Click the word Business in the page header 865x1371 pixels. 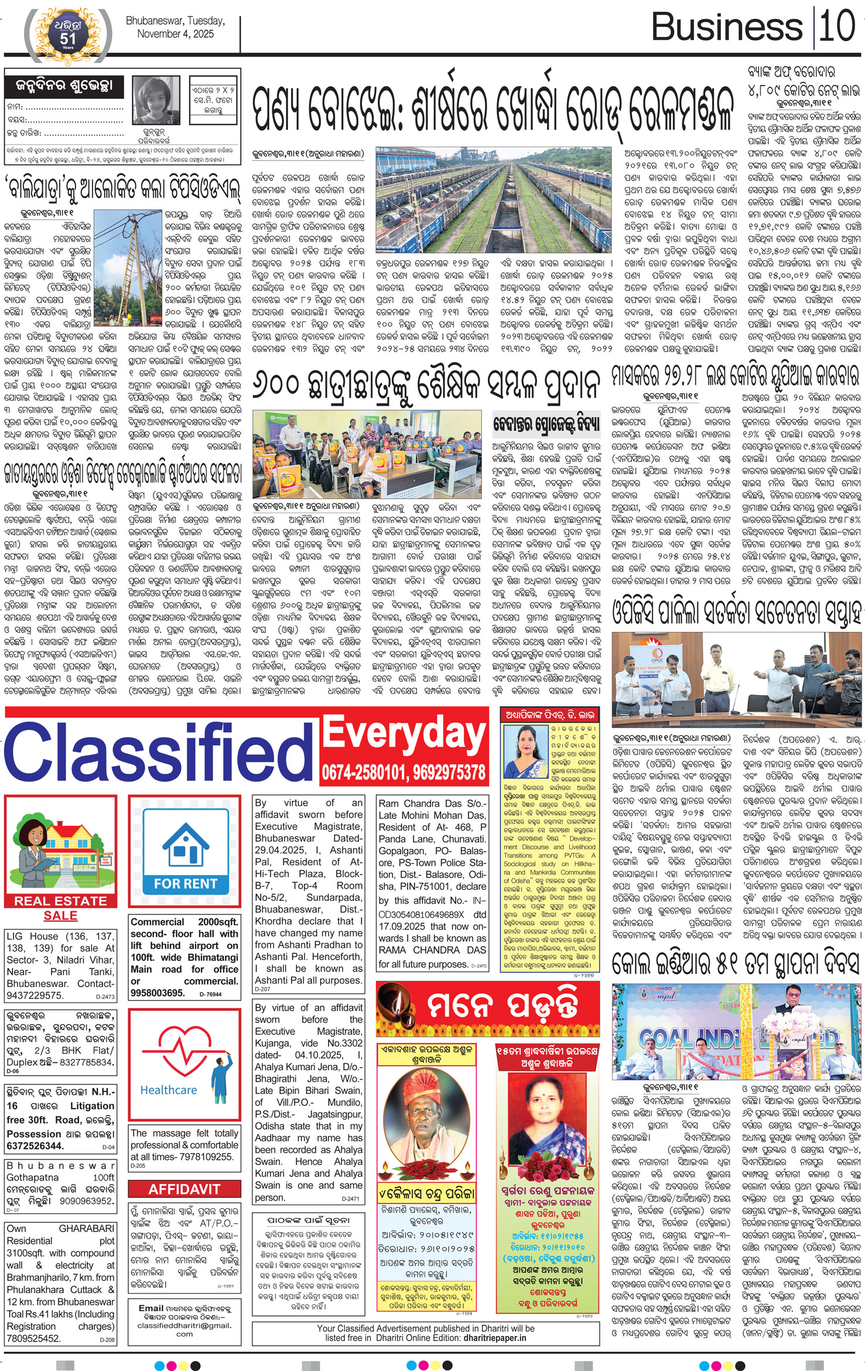[726, 28]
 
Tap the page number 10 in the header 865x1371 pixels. [837, 26]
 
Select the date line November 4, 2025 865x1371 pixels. [175, 34]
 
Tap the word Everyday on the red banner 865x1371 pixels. [404, 736]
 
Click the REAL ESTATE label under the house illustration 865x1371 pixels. [60, 901]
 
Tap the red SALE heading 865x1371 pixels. [60, 916]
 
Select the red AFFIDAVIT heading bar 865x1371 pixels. [184, 1189]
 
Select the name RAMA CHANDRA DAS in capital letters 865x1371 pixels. [432, 950]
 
